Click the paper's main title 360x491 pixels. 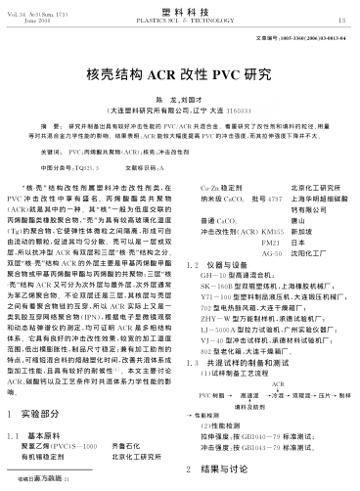(179, 73)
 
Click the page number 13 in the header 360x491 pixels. (341, 19)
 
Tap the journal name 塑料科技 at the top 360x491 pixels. (180, 8)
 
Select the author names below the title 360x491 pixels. (179, 100)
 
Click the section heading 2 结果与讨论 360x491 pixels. (222, 469)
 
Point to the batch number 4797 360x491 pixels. (255, 197)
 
